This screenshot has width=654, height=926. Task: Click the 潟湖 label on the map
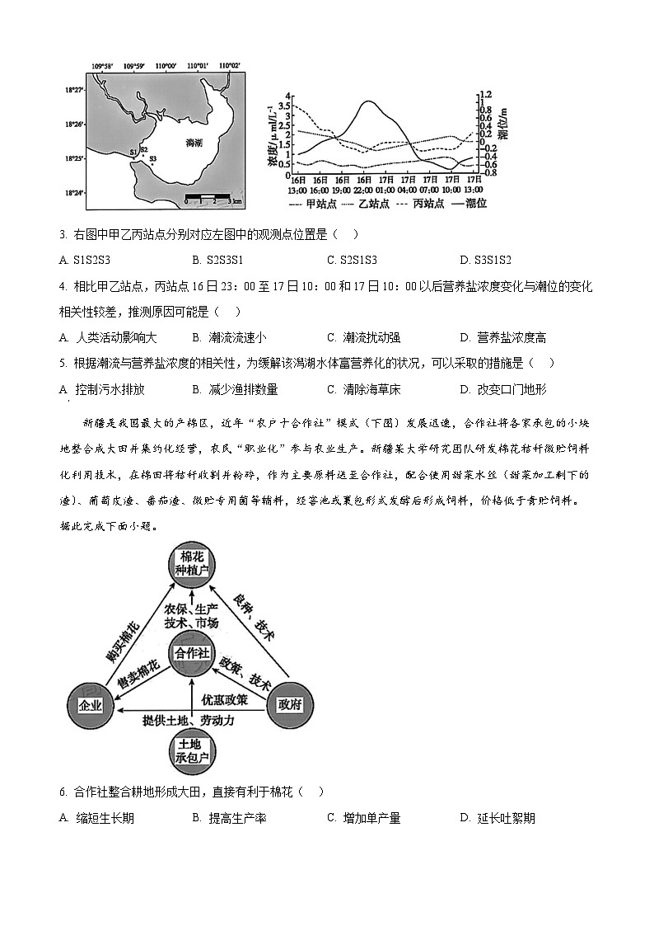point(194,143)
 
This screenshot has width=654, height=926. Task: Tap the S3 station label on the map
point(152,158)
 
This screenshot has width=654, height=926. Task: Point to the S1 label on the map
point(133,153)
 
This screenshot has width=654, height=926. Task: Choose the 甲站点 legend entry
point(306,203)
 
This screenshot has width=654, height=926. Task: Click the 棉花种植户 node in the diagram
point(191,563)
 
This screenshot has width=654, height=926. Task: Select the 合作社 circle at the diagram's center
point(191,653)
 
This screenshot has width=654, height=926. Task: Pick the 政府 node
point(291,704)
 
